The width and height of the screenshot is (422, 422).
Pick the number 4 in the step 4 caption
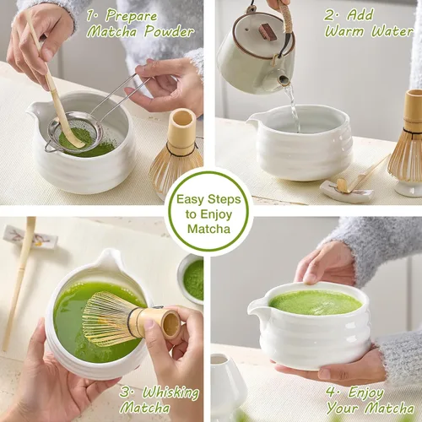click(x=332, y=392)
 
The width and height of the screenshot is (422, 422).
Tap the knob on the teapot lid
click(x=268, y=31)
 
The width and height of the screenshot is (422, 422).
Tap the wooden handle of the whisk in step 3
click(x=160, y=323)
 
